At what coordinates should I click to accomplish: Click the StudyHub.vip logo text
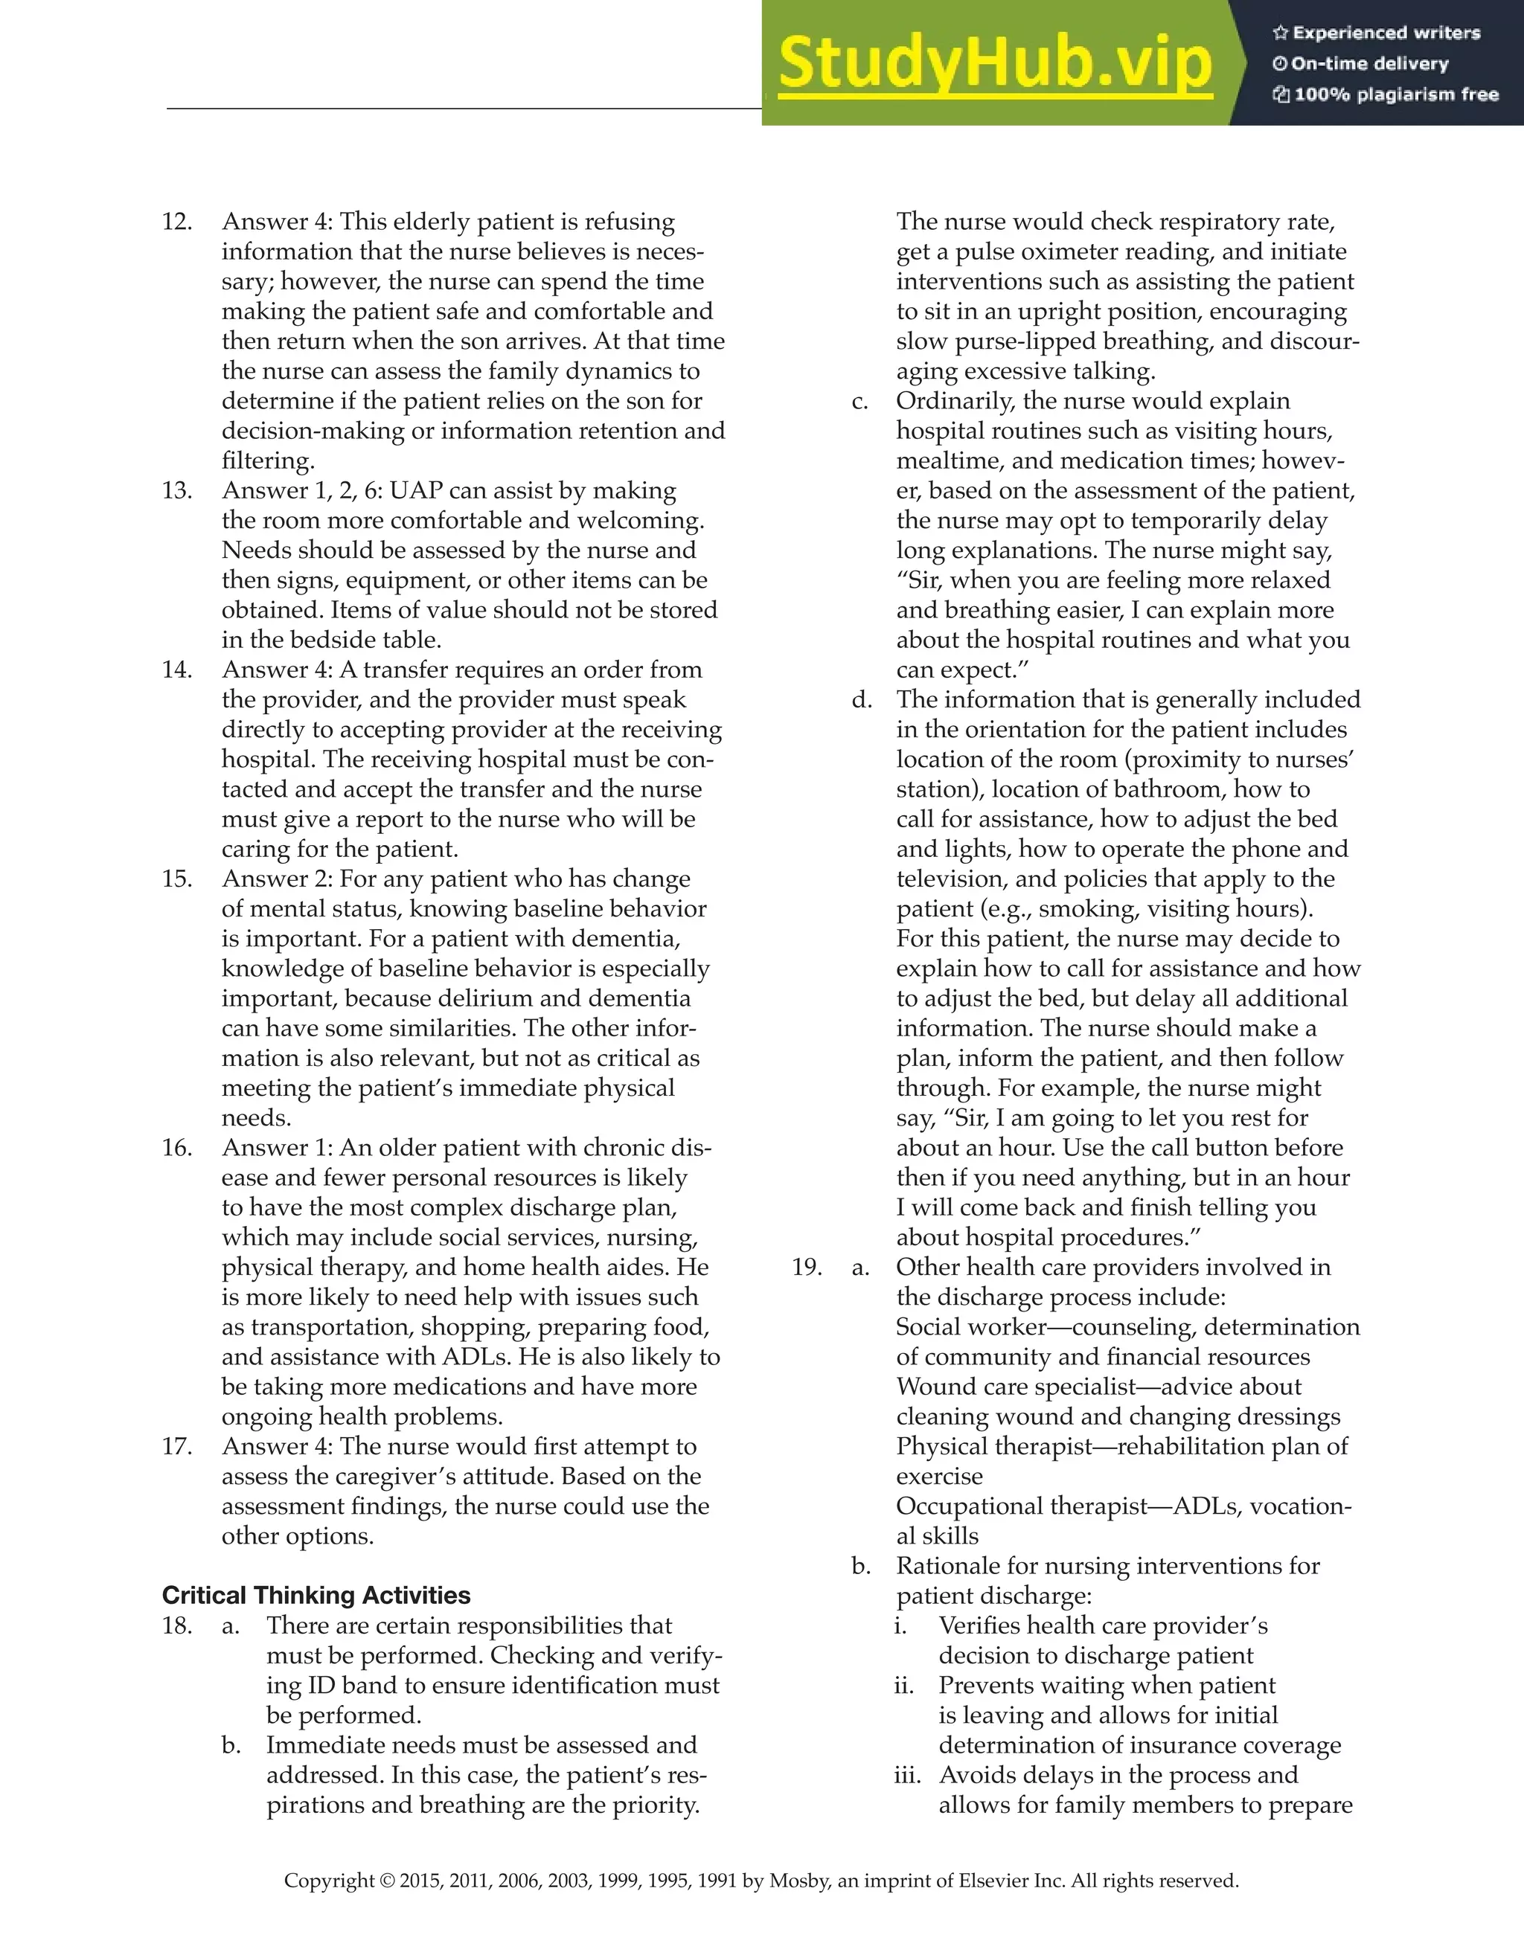(x=995, y=64)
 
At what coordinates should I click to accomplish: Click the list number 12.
(x=177, y=222)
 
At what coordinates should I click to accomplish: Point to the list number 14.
(x=177, y=670)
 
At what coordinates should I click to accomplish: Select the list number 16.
(x=177, y=1148)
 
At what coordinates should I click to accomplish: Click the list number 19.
(x=807, y=1267)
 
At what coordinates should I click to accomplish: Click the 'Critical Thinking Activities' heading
(x=316, y=1595)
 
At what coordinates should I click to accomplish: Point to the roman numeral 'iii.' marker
(x=907, y=1775)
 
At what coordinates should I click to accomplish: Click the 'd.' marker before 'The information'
(x=862, y=700)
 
